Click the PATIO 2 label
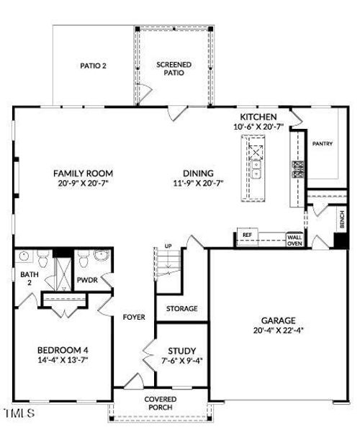[93, 66]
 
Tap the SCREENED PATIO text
[174, 68]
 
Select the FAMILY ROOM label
[83, 174]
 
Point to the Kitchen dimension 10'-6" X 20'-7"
[258, 127]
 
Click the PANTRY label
[323, 143]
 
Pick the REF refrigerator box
[248, 236]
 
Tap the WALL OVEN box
[294, 240]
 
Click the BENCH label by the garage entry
[342, 220]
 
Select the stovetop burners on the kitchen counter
[298, 169]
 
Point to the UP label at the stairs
[168, 246]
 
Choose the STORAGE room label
[181, 309]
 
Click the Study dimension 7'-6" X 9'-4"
[182, 361]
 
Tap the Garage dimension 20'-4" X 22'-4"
[278, 330]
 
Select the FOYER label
[134, 318]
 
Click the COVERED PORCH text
[161, 403]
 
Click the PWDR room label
[87, 280]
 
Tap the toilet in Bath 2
[42, 258]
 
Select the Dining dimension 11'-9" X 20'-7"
[198, 183]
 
